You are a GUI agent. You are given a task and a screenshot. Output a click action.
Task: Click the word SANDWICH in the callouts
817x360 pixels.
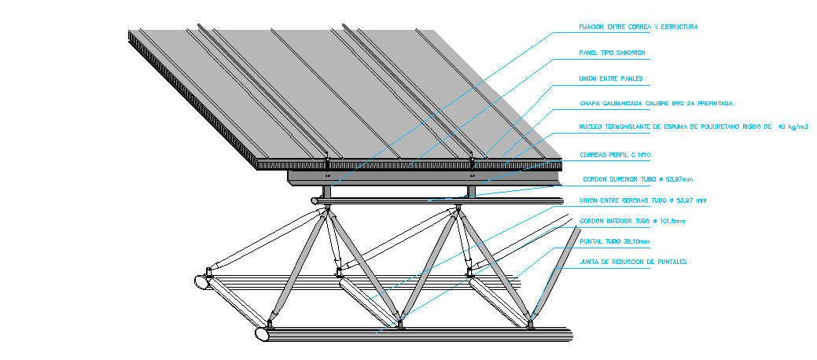(x=630, y=53)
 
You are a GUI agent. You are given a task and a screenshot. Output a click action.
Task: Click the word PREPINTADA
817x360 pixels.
(x=713, y=103)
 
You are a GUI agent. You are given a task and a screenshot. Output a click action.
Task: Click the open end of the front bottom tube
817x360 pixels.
(x=261, y=333)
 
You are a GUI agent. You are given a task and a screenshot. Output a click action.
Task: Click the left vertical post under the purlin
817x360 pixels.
(x=326, y=192)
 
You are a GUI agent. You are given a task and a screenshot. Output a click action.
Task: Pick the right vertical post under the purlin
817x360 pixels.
(x=471, y=192)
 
